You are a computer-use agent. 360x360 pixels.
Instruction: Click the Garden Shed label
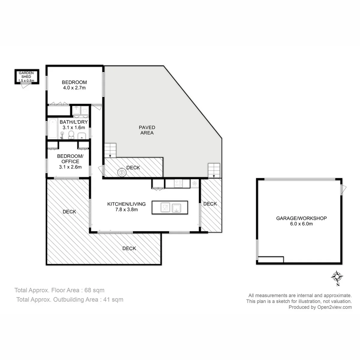(x=26, y=75)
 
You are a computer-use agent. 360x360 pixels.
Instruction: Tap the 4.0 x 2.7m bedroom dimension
(x=74, y=88)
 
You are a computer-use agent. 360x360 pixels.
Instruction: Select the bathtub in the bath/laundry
(x=53, y=128)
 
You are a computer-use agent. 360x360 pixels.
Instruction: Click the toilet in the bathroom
(x=71, y=135)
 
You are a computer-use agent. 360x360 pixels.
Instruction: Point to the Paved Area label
(x=147, y=130)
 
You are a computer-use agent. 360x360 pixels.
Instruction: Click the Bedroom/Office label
(x=70, y=159)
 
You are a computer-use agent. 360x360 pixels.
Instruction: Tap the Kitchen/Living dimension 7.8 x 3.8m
(x=127, y=210)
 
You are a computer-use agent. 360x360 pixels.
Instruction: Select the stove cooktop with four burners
(x=178, y=183)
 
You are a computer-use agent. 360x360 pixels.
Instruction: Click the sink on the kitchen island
(x=176, y=208)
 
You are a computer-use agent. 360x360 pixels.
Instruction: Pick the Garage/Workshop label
(x=301, y=218)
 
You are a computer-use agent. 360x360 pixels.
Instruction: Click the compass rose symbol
(x=337, y=277)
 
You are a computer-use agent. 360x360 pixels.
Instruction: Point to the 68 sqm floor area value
(x=94, y=290)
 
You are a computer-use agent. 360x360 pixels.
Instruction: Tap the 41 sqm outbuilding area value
(x=113, y=299)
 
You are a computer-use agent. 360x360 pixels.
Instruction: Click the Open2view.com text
(x=334, y=307)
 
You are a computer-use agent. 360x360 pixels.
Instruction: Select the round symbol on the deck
(x=122, y=172)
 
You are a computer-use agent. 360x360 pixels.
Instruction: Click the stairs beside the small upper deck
(x=110, y=150)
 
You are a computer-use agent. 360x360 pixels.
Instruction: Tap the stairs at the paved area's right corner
(x=214, y=171)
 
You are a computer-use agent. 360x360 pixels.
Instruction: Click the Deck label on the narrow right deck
(x=210, y=204)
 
